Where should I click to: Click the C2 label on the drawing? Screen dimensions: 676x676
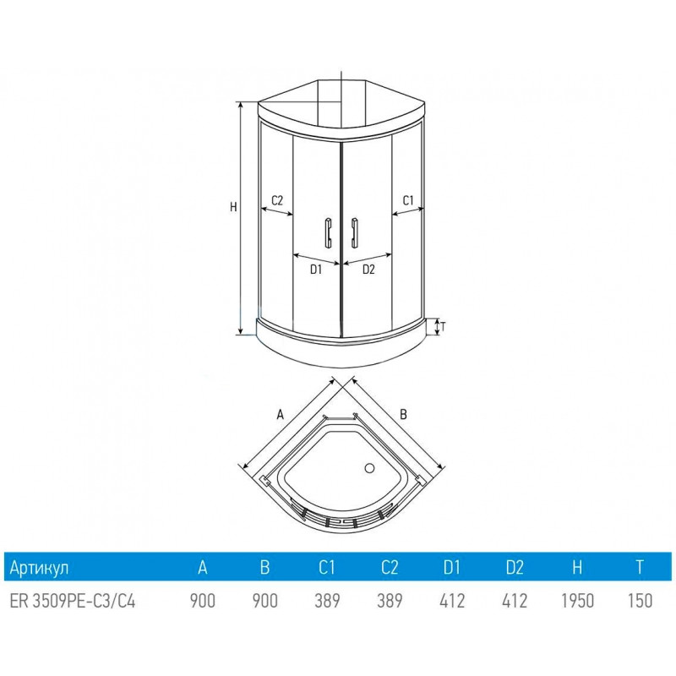[x=277, y=200]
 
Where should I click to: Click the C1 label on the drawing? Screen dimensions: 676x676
[x=408, y=200]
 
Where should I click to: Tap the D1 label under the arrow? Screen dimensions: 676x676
[x=316, y=270]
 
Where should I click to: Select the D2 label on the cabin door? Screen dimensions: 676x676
[x=368, y=270]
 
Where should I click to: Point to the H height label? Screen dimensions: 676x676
[x=233, y=207]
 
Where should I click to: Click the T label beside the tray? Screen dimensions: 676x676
[x=442, y=327]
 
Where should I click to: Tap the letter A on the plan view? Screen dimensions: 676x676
[x=281, y=415]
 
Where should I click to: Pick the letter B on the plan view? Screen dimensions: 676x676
[x=404, y=414]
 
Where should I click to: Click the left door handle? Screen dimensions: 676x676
[x=328, y=233]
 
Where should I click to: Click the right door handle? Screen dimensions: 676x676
[x=354, y=233]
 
